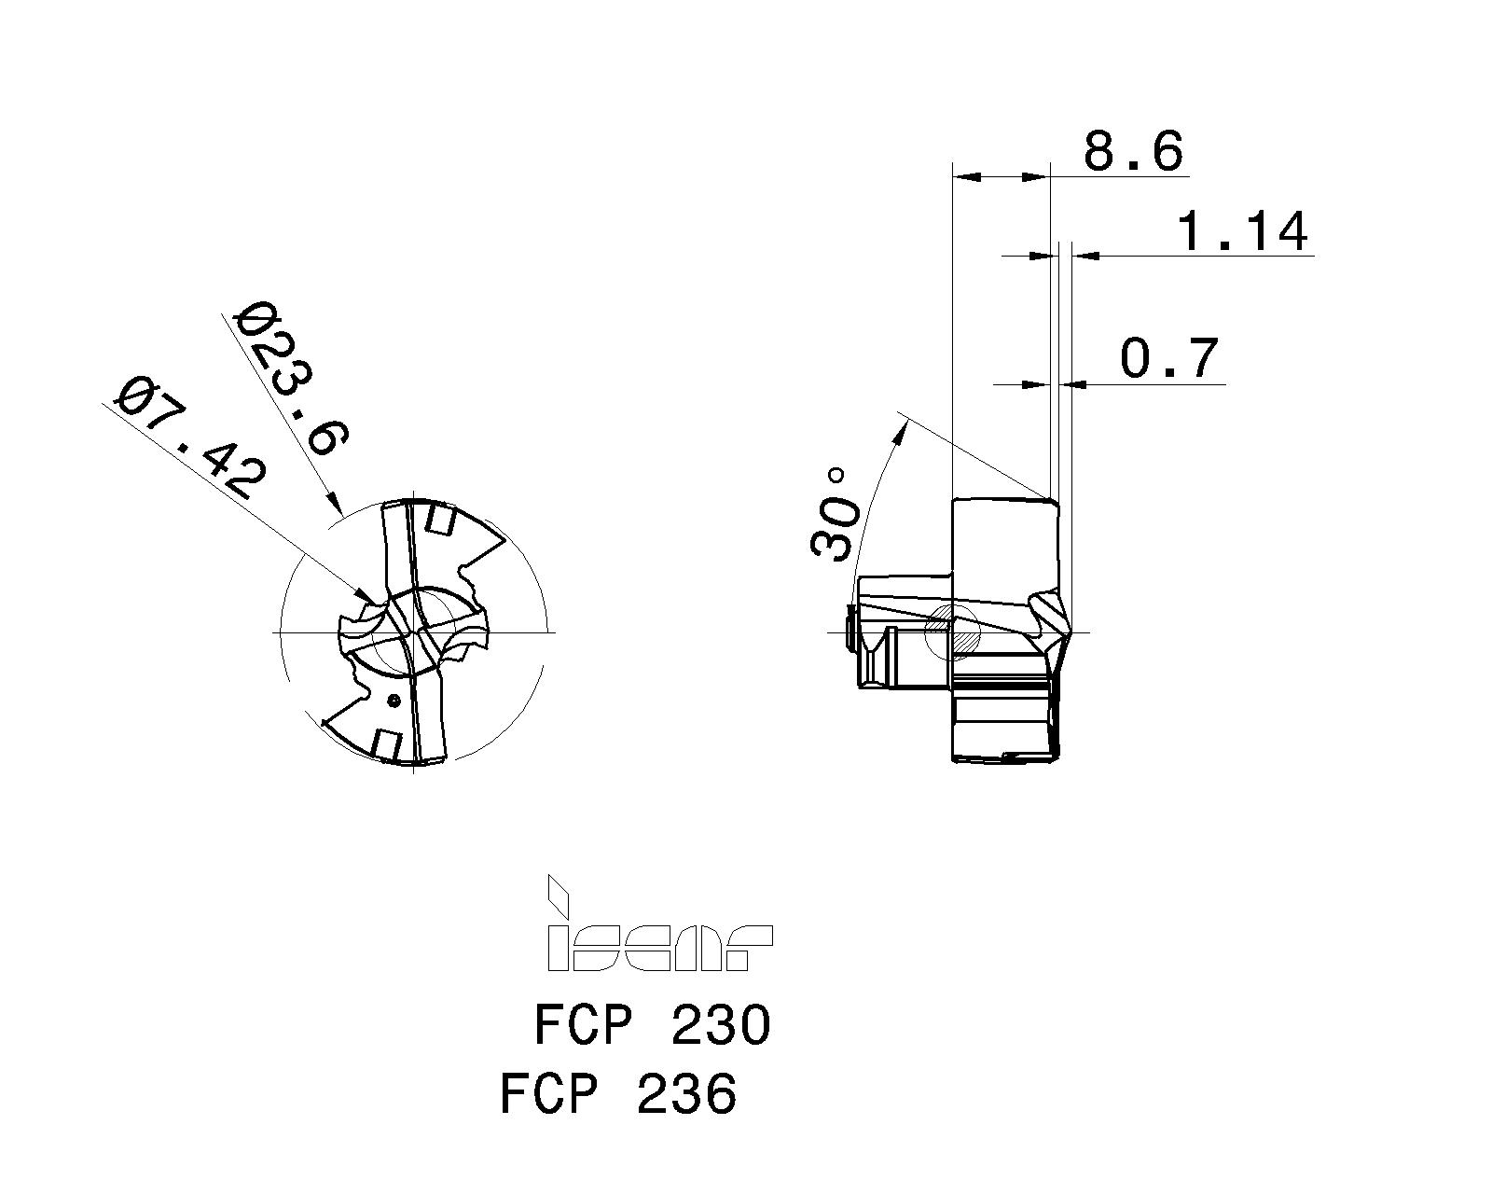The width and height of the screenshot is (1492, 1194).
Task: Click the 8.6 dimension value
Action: (1132, 151)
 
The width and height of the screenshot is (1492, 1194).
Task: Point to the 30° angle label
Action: (835, 514)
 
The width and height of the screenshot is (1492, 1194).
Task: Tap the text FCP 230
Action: (652, 1025)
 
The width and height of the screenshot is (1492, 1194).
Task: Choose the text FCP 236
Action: (618, 1093)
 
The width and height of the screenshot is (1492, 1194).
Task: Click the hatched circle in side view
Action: (950, 632)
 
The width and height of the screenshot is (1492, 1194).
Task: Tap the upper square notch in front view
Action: (438, 520)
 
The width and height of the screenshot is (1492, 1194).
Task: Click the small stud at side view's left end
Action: (850, 632)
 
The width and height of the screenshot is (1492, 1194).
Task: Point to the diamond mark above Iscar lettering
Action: (557, 894)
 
